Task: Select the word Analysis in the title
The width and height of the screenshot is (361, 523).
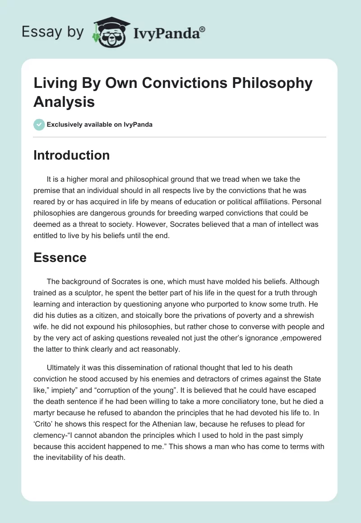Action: click(64, 102)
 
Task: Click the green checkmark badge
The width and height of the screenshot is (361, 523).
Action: click(39, 124)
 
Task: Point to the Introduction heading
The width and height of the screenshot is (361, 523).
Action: click(71, 155)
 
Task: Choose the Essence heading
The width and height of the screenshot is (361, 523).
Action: click(60, 257)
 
